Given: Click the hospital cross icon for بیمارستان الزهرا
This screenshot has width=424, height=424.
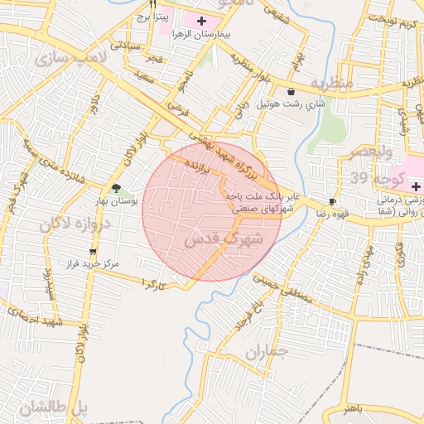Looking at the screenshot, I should (x=202, y=18).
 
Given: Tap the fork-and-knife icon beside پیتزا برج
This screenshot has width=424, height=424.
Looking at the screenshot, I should (x=152, y=3).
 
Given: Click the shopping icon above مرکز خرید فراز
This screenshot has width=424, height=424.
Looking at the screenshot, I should (x=93, y=252).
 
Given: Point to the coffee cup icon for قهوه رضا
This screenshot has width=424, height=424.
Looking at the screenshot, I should (x=332, y=201).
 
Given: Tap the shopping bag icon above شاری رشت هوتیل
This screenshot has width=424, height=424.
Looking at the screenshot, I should (x=291, y=91).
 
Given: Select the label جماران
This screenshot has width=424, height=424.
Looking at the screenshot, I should (x=266, y=352).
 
